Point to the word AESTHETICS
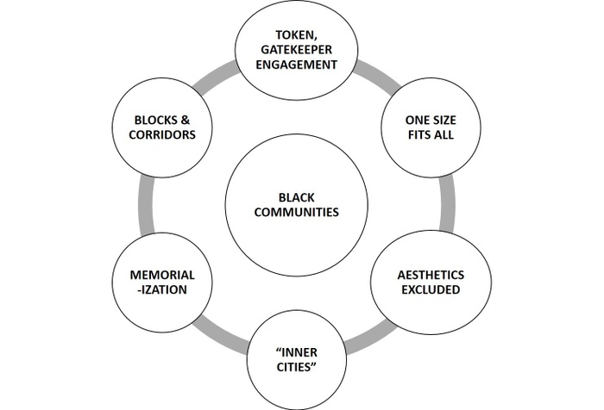click(x=418, y=274)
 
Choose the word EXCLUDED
click(x=418, y=290)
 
